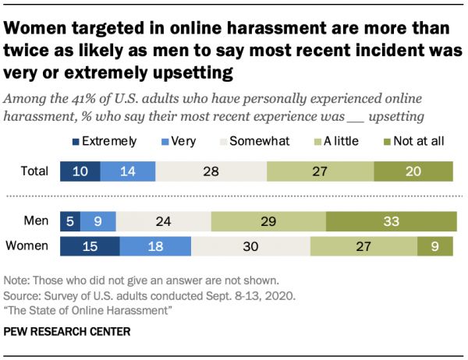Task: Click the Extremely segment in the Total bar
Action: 80,171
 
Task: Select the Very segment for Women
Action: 155,248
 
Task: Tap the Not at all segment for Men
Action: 391,222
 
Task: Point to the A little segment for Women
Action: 363,248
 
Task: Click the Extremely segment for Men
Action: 70,222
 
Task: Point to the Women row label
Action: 29,248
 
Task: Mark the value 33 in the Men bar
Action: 391,222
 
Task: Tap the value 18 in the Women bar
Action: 155,248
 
